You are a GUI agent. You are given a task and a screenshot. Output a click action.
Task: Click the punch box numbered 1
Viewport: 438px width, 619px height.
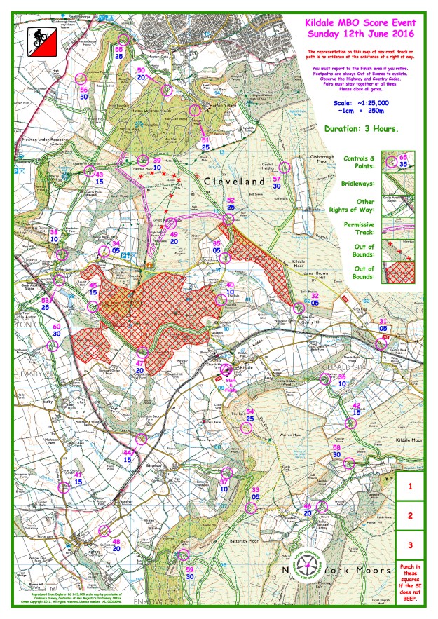(x=410, y=484)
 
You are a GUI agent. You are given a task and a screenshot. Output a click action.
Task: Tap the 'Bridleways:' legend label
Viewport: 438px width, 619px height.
(x=358, y=183)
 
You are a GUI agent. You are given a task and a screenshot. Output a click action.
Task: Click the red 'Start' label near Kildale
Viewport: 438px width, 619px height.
(x=228, y=379)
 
